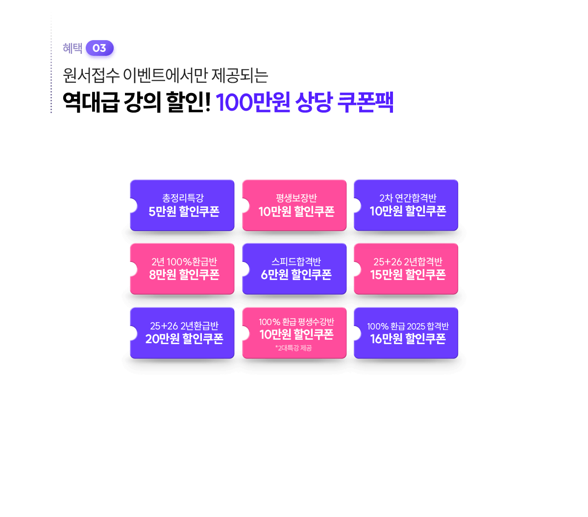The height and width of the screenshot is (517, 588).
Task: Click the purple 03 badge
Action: click(x=99, y=48)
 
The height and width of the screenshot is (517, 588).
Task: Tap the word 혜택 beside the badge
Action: click(x=73, y=48)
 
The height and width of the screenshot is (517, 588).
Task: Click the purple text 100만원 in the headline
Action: click(x=252, y=102)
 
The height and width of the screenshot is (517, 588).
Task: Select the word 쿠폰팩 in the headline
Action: click(x=365, y=102)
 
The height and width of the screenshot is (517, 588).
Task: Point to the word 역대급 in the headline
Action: click(x=91, y=102)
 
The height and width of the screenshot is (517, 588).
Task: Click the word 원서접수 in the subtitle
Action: click(x=91, y=75)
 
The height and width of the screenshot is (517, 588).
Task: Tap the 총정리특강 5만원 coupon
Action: click(x=182, y=205)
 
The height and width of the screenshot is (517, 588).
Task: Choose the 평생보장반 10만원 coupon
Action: click(x=294, y=205)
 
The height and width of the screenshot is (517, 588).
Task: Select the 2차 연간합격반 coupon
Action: click(x=406, y=205)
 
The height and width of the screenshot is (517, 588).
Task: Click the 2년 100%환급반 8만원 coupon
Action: click(x=182, y=269)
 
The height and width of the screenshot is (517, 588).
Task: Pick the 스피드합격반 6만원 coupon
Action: click(x=294, y=269)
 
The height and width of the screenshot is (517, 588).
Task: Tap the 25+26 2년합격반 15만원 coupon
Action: click(x=406, y=269)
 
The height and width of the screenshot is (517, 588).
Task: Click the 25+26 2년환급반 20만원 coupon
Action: click(x=182, y=333)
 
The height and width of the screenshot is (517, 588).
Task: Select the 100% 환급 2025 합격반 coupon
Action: click(x=406, y=333)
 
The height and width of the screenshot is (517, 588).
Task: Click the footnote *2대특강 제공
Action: click(x=294, y=348)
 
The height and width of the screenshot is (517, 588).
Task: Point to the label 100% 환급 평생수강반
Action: click(x=296, y=322)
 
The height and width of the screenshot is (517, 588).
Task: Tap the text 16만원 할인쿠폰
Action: click(x=408, y=339)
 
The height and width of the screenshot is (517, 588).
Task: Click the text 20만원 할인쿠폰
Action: click(x=184, y=339)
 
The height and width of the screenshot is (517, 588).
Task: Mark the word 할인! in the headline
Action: click(x=188, y=102)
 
